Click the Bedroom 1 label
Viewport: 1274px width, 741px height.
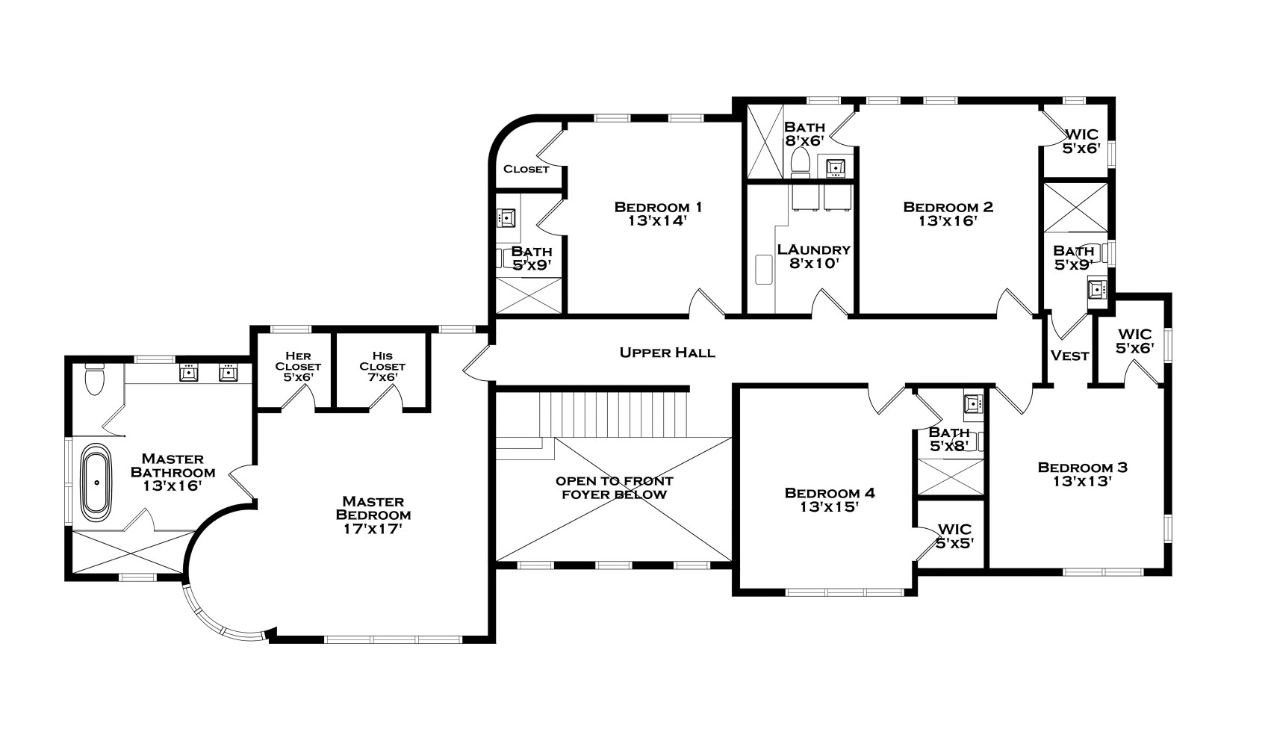click(658, 207)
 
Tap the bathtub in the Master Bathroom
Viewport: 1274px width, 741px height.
click(96, 482)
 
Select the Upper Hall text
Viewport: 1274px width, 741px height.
click(667, 353)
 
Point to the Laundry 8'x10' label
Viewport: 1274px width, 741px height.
click(813, 256)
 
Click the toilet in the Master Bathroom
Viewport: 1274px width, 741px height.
click(94, 380)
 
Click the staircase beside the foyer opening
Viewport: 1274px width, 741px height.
click(612, 414)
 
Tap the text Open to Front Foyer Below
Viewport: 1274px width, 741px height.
click(614, 488)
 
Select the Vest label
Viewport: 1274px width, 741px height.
click(1069, 356)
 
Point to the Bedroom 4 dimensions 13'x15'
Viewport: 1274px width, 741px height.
click(829, 507)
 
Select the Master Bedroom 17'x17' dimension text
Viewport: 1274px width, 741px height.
click(373, 529)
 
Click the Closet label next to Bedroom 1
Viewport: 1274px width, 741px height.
click(526, 169)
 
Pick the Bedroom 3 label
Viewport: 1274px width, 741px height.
click(1082, 468)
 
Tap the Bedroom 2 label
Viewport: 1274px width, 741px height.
click(948, 207)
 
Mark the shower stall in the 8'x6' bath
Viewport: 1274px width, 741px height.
click(764, 142)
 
